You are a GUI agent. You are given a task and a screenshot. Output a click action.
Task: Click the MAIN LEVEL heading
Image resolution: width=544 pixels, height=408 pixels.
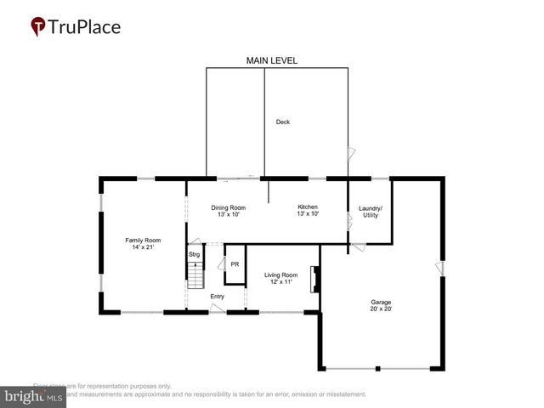pos(271,61)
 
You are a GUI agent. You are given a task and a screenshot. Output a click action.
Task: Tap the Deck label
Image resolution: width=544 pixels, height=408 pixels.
pos(283,122)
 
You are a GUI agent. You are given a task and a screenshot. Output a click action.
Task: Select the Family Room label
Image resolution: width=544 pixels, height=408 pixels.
pos(143,239)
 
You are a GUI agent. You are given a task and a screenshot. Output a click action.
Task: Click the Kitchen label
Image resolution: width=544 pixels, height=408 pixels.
pos(307,207)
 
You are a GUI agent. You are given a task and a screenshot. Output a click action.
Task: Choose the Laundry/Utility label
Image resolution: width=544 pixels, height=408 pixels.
pos(370,212)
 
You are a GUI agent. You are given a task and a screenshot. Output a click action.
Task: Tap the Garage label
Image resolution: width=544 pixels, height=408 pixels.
pos(380,302)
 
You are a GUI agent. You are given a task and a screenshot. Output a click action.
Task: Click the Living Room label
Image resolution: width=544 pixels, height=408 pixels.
pos(280,275)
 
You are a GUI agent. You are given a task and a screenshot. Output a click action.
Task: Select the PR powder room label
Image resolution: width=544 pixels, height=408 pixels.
pos(235,264)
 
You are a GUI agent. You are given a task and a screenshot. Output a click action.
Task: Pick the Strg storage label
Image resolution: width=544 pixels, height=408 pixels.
pos(194,254)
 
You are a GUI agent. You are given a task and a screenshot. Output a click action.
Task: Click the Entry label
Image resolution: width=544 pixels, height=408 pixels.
pos(218,296)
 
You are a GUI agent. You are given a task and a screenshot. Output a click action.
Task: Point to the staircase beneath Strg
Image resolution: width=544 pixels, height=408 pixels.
pos(196,276)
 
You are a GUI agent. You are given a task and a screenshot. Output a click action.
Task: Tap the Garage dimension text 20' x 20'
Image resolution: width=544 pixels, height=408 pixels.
pos(380,309)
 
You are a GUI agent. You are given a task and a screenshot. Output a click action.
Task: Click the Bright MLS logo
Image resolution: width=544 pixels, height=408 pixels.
pos(33,396)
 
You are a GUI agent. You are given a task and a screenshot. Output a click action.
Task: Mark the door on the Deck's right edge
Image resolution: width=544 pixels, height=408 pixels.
pos(351,155)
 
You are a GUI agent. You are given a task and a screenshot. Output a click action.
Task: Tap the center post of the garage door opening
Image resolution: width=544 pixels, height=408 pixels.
pos(378,369)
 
